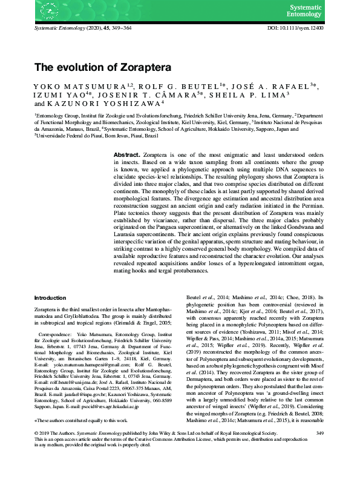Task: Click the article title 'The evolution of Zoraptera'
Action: point(103,67)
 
